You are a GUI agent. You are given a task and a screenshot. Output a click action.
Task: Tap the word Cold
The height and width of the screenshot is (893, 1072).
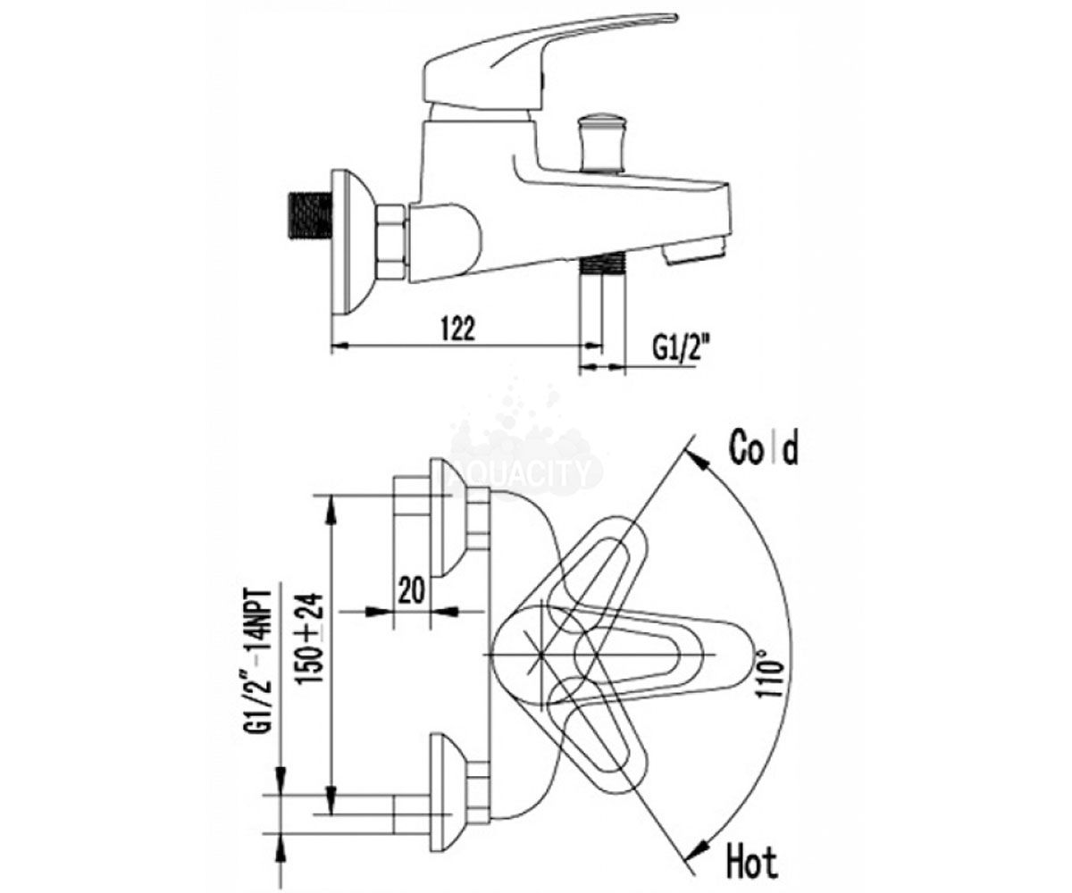pos(765,447)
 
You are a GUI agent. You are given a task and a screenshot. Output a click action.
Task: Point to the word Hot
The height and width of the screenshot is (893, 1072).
pos(751,864)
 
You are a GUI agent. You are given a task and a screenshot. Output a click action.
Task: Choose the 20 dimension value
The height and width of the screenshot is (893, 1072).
pos(412,590)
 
